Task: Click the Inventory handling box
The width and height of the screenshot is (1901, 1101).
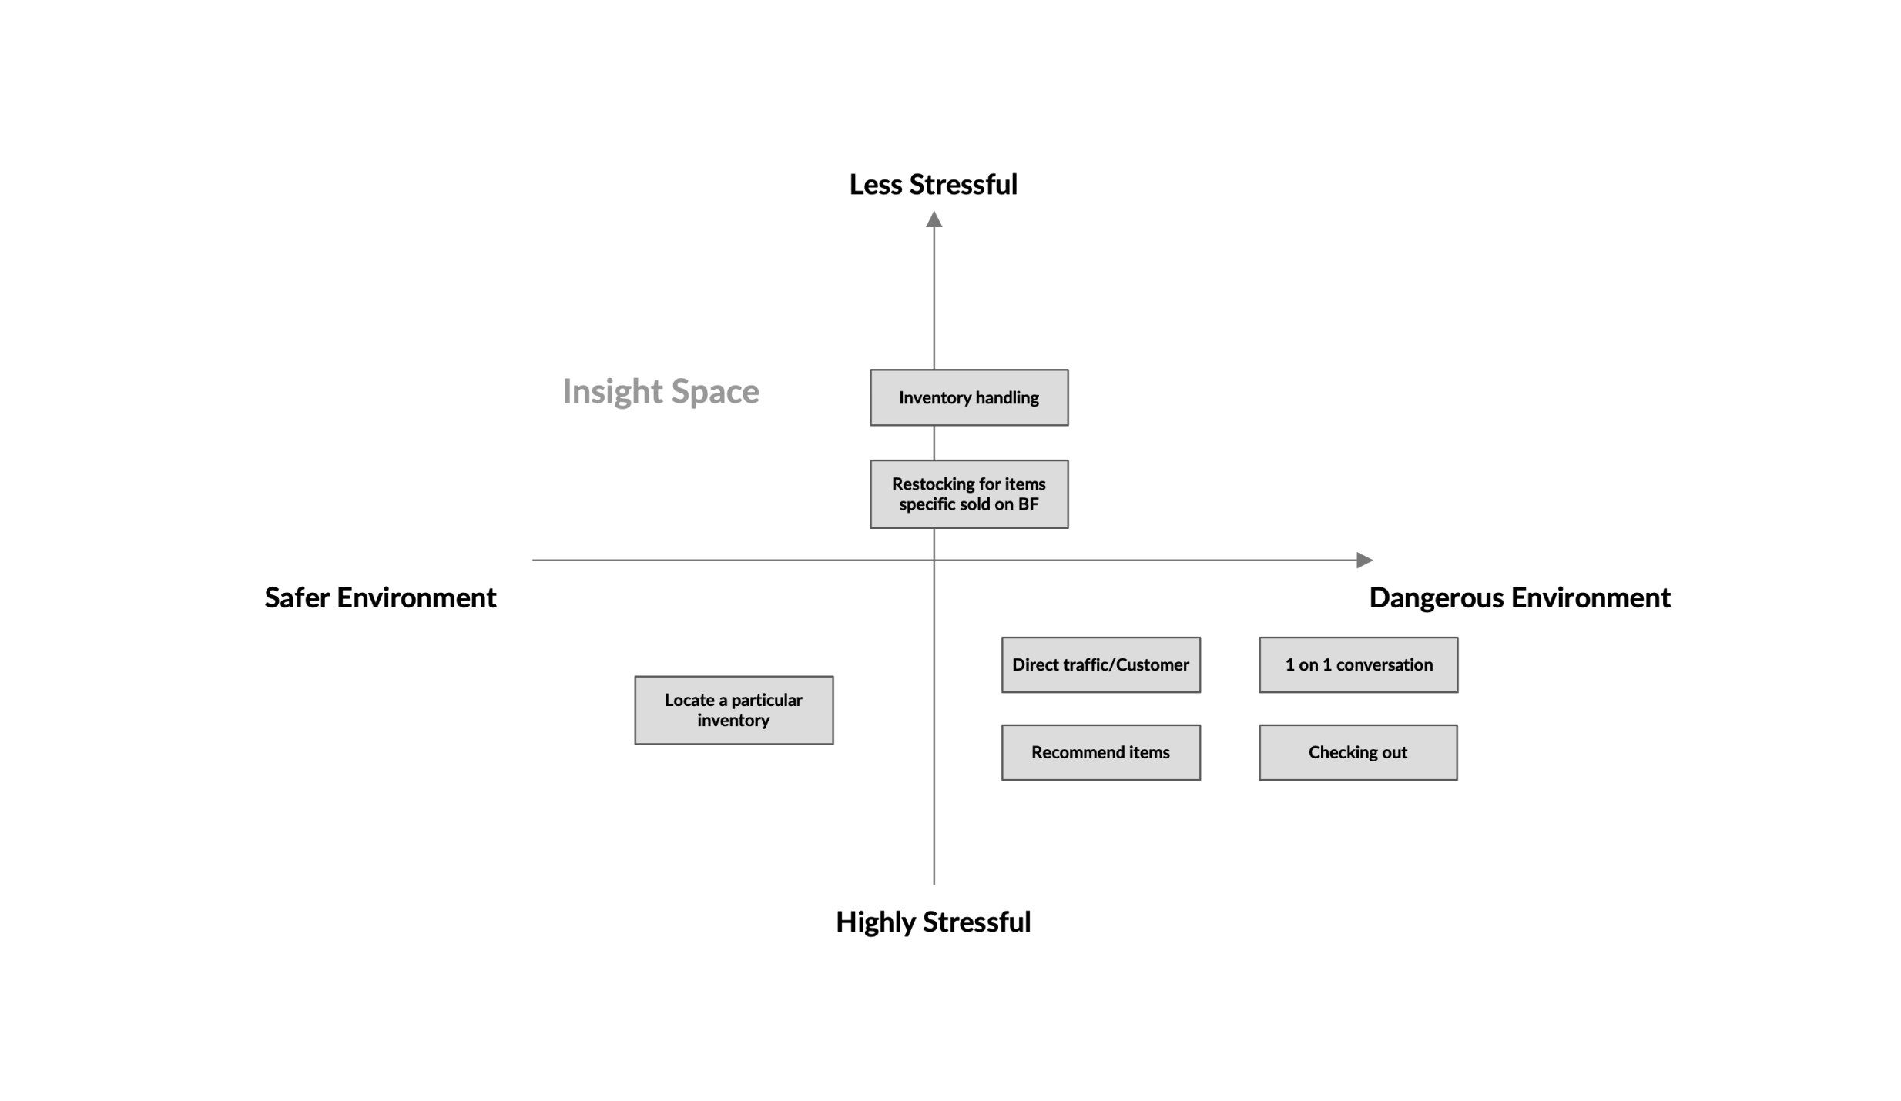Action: pos(968,397)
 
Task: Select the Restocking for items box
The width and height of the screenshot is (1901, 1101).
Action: pos(968,494)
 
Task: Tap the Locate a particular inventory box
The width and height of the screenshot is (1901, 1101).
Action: pos(733,710)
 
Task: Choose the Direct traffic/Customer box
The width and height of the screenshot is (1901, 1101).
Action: pos(1100,664)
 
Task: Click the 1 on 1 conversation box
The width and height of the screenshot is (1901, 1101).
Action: pos(1358,664)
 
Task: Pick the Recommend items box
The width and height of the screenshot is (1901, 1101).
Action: pos(1100,752)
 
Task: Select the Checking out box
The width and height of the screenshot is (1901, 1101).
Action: pos(1357,752)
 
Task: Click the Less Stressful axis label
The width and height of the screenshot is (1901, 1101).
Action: pos(933,185)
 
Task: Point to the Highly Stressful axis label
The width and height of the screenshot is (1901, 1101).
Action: pos(933,922)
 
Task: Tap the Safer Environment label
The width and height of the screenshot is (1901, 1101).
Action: pos(381,597)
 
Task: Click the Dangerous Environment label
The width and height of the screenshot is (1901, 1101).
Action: pos(1519,597)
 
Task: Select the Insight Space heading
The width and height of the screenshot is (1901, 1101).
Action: pos(660,391)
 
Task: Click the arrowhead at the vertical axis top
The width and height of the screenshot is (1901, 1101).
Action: pos(934,220)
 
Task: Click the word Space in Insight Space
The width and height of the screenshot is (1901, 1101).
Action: pos(714,391)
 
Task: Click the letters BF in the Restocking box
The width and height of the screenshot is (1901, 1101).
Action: pos(1028,504)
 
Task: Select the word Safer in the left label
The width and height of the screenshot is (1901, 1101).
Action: pos(297,597)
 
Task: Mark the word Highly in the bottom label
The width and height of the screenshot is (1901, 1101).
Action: pos(876,922)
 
